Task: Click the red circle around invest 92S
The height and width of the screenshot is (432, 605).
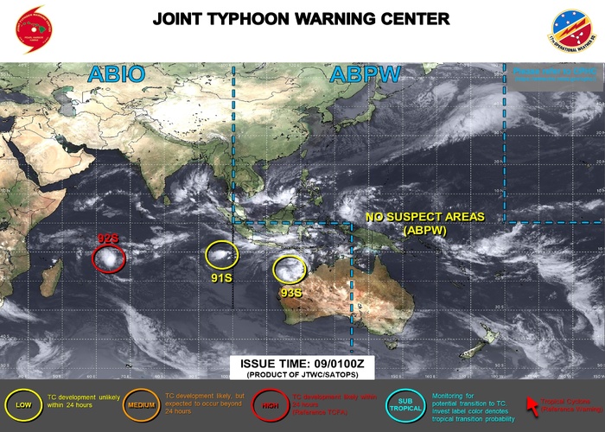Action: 109,257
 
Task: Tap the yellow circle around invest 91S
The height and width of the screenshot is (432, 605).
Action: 221,253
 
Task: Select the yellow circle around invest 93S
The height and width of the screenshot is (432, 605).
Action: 290,270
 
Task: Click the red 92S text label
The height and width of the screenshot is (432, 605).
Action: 108,238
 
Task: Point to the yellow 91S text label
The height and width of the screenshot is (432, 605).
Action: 222,277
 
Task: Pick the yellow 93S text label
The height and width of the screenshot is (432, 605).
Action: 291,293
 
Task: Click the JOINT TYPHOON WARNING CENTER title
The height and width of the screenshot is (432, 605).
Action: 301,18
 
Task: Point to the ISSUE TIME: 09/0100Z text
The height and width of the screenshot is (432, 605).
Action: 302,363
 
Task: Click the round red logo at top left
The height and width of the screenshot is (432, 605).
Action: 32,29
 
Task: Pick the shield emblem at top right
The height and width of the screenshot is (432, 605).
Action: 574,30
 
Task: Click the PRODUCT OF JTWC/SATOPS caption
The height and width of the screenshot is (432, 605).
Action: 302,375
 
